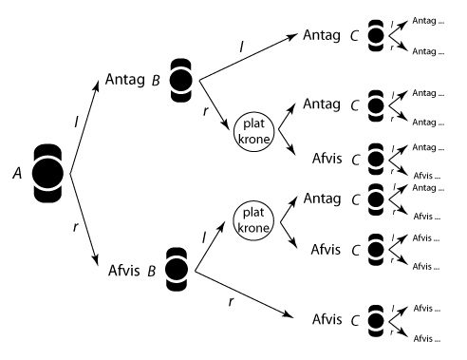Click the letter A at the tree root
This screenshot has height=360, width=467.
17,173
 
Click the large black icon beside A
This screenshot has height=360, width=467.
47,174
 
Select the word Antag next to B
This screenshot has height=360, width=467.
125,80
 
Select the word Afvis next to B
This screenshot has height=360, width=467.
124,271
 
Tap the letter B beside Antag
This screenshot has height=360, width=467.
156,81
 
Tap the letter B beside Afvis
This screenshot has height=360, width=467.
152,271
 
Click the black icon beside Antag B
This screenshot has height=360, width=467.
181,80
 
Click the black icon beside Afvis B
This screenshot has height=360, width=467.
177,270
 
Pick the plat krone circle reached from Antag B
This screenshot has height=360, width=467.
253,132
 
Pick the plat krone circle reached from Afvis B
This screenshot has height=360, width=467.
253,220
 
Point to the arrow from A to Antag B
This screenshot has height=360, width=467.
84,127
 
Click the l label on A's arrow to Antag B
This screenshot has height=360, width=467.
76,122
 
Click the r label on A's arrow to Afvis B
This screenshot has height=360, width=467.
75,227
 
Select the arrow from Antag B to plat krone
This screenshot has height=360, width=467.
215,104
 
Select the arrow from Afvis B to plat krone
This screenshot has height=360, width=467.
210,247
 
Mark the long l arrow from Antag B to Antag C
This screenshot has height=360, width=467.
249,57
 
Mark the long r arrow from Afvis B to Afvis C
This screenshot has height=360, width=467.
244,294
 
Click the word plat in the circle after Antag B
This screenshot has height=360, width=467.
253,123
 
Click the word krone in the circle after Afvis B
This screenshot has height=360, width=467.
253,228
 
